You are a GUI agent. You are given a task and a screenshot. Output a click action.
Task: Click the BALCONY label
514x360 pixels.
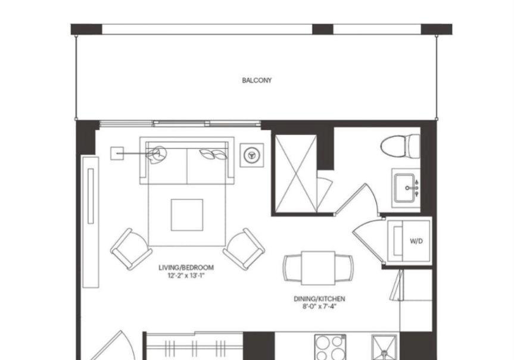click(x=257, y=80)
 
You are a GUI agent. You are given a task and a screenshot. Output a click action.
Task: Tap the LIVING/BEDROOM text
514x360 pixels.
click(x=186, y=268)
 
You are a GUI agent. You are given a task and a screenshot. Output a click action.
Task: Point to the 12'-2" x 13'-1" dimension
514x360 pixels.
click(x=186, y=276)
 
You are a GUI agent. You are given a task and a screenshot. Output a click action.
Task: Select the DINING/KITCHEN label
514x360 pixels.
click(x=319, y=299)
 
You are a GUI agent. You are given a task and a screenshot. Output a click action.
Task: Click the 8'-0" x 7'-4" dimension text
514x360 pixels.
click(x=319, y=306)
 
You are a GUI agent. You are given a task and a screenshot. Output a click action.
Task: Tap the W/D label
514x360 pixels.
click(x=416, y=241)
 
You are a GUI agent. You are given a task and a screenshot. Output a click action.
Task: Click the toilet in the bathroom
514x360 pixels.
click(x=400, y=146)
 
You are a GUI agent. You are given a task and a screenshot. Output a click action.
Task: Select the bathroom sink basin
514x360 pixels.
click(x=406, y=188)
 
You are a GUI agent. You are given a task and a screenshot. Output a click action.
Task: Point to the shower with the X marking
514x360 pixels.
click(x=296, y=174)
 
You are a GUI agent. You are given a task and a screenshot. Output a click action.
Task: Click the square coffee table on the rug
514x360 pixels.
click(x=187, y=215)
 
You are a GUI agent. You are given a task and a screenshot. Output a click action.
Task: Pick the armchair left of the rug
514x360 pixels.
click(x=131, y=249)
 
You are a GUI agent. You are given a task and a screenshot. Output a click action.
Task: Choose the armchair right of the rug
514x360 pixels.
click(x=244, y=249)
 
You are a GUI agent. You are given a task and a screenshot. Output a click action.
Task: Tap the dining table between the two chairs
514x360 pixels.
click(x=318, y=268)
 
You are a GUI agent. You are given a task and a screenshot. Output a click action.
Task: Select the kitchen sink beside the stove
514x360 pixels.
click(x=384, y=348)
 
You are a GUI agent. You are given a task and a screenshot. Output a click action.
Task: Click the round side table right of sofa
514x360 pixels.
click(x=252, y=155)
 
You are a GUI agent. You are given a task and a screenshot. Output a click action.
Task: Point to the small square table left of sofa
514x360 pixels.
click(x=117, y=154)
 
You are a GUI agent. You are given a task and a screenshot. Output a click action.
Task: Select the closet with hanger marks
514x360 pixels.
click(x=194, y=346)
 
